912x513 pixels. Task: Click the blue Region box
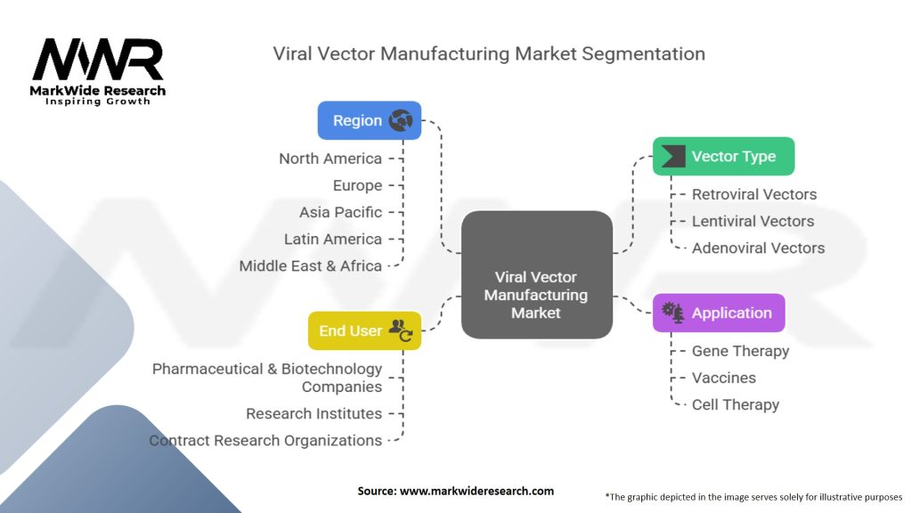[x=370, y=120]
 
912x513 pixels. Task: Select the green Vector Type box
[x=723, y=156]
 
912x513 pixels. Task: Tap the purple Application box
[x=719, y=313]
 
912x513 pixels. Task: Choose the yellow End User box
[x=364, y=330]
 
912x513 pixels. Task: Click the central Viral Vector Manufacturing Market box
[x=537, y=274]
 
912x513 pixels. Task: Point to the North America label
[x=330, y=159]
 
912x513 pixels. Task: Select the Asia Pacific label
[x=340, y=212]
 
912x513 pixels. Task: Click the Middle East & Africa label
[x=311, y=265]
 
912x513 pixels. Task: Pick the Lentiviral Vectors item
[x=753, y=221]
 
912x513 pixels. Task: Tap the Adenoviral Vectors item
[x=758, y=248]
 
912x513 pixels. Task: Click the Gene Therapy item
[x=740, y=351]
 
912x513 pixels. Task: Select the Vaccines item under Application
[x=723, y=378]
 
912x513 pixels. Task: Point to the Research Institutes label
[x=314, y=413]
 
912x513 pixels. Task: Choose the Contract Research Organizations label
[x=265, y=440]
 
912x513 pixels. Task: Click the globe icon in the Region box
[x=401, y=120]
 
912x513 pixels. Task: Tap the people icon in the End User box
[x=401, y=330]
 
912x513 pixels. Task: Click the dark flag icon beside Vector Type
[x=673, y=156]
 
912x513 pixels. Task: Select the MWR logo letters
[x=98, y=60]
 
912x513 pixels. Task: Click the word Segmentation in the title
[x=643, y=54]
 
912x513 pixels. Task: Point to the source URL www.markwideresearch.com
[x=477, y=491]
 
